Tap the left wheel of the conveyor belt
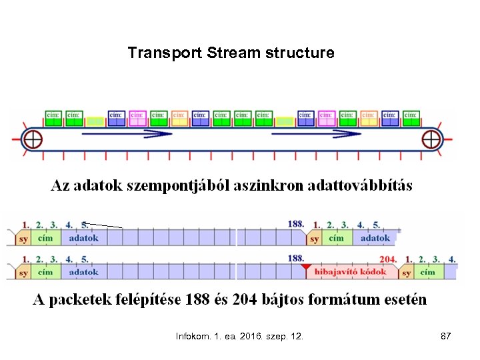point(32,140)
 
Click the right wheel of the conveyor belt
point(432,140)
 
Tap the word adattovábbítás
point(360,185)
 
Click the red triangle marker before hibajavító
point(306,267)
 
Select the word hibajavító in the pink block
point(337,272)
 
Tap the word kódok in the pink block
point(373,272)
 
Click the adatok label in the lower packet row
point(83,272)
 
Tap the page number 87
point(446,337)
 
